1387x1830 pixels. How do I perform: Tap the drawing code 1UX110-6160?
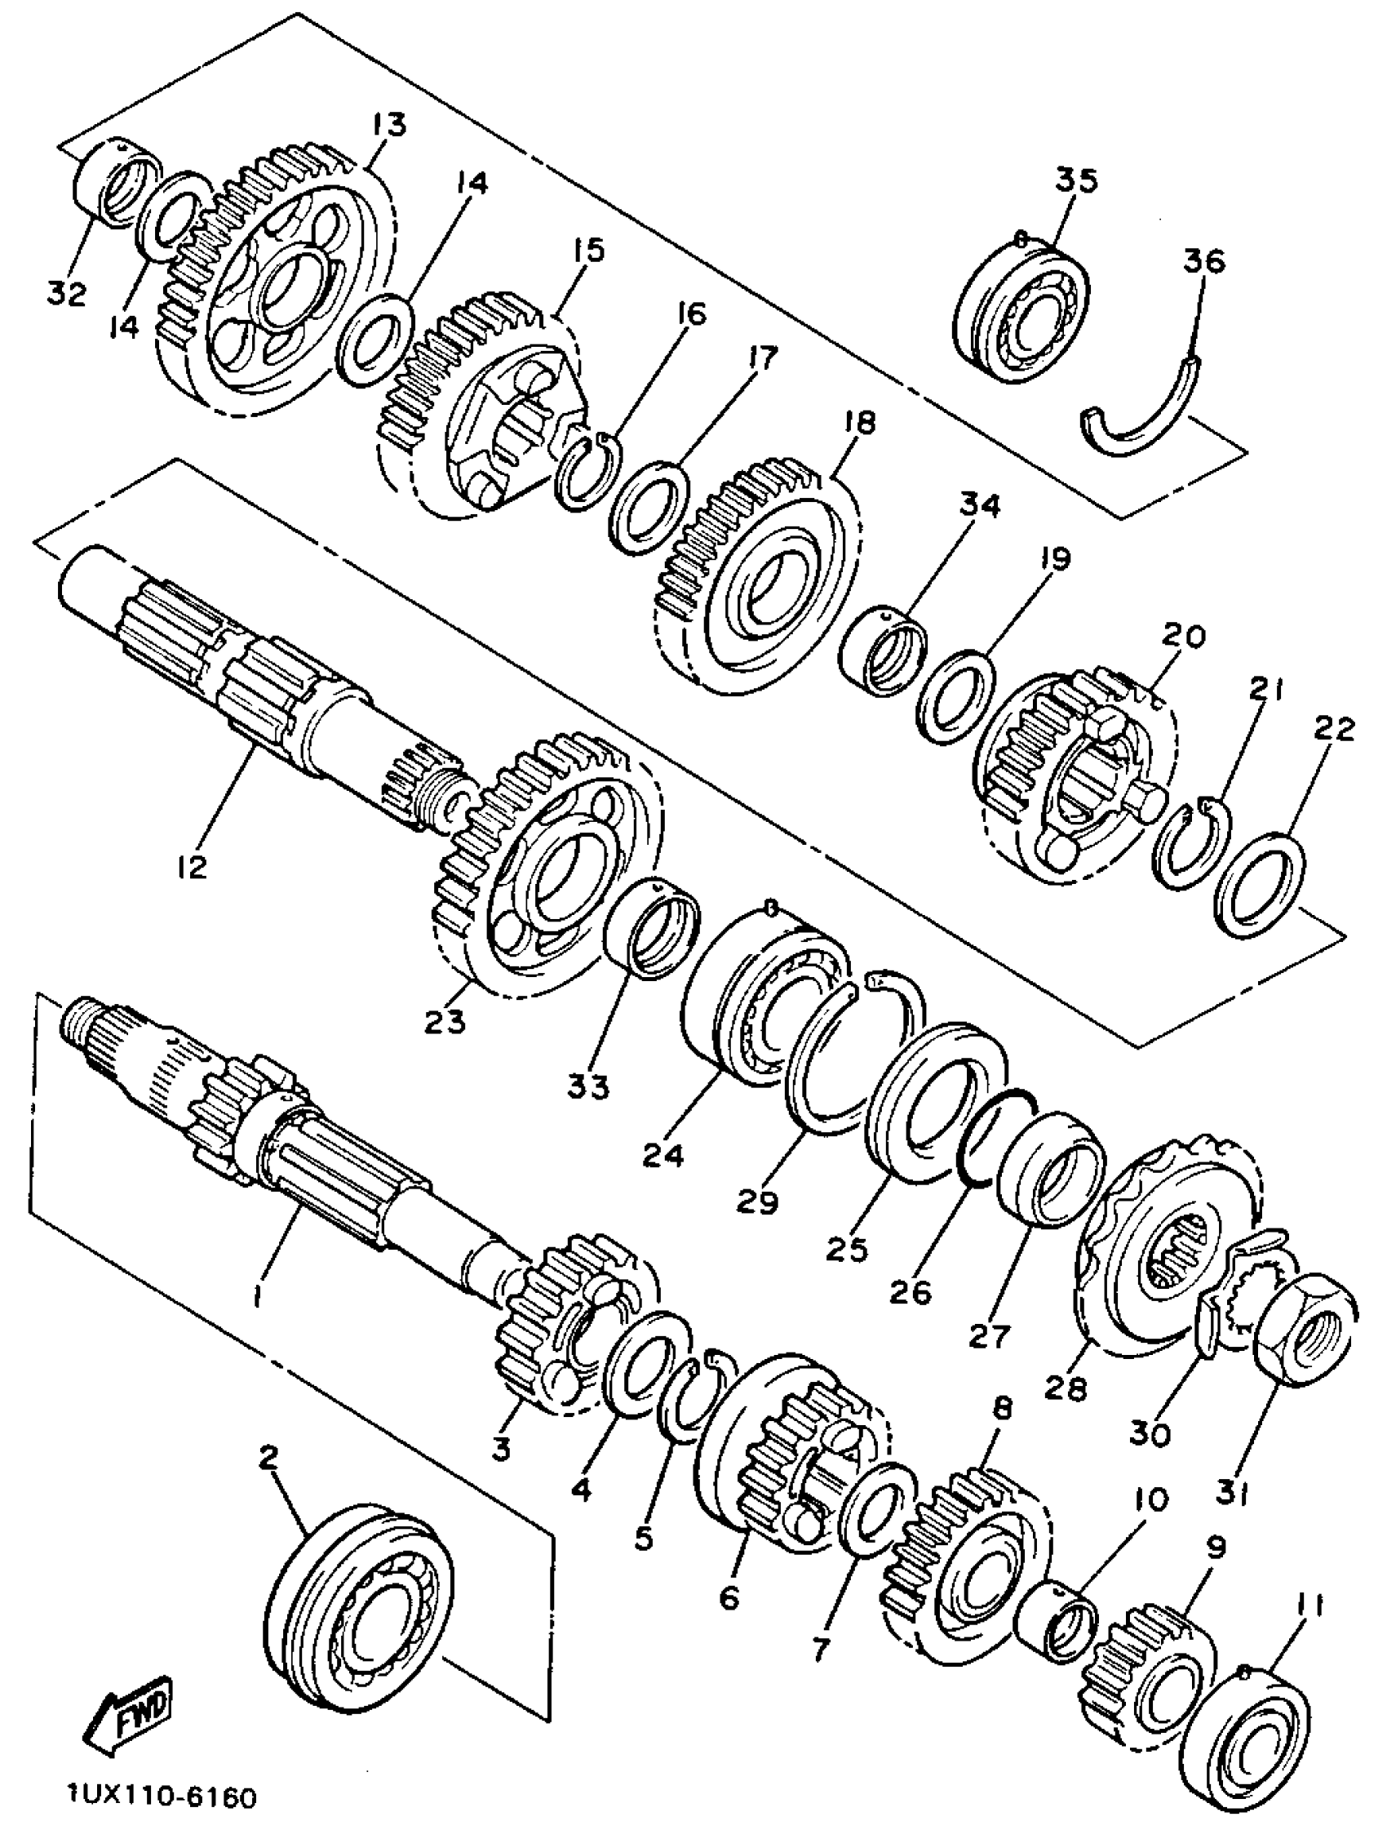pyautogui.click(x=162, y=1796)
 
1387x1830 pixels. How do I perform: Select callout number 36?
pyautogui.click(x=1203, y=261)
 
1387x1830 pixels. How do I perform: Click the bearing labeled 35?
pyautogui.click(x=1022, y=310)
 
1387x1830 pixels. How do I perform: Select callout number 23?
pyautogui.click(x=445, y=1023)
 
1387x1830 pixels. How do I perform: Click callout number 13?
pyautogui.click(x=388, y=125)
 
